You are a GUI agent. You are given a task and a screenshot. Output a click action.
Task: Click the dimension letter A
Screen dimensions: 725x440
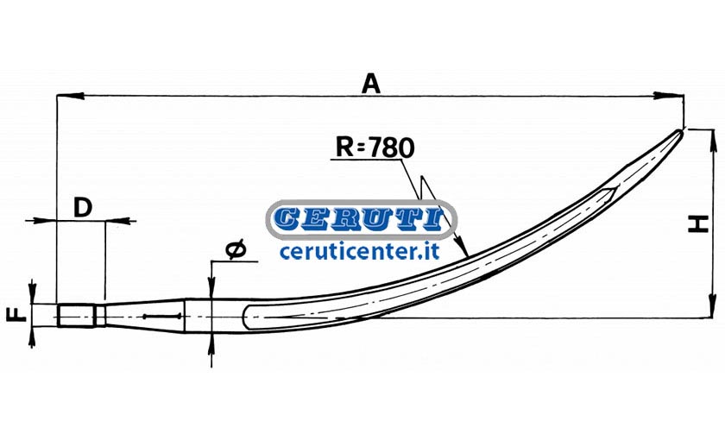coord(371,85)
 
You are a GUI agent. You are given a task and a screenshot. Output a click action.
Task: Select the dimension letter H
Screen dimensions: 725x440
coord(697,223)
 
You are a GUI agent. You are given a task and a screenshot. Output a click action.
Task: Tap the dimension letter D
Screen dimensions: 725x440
coord(82,207)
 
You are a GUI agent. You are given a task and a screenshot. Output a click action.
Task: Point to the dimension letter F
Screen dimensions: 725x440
coord(16,315)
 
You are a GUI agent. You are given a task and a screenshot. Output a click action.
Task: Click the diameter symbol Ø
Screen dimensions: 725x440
coord(236,249)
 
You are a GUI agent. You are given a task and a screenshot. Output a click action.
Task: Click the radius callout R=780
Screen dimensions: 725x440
coord(375,148)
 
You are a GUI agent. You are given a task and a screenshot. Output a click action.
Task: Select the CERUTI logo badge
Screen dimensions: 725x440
coord(361,219)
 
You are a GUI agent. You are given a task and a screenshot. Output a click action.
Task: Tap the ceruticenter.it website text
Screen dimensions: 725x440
coord(359,251)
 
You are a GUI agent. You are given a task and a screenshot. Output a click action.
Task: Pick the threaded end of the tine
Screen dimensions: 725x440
coord(77,315)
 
